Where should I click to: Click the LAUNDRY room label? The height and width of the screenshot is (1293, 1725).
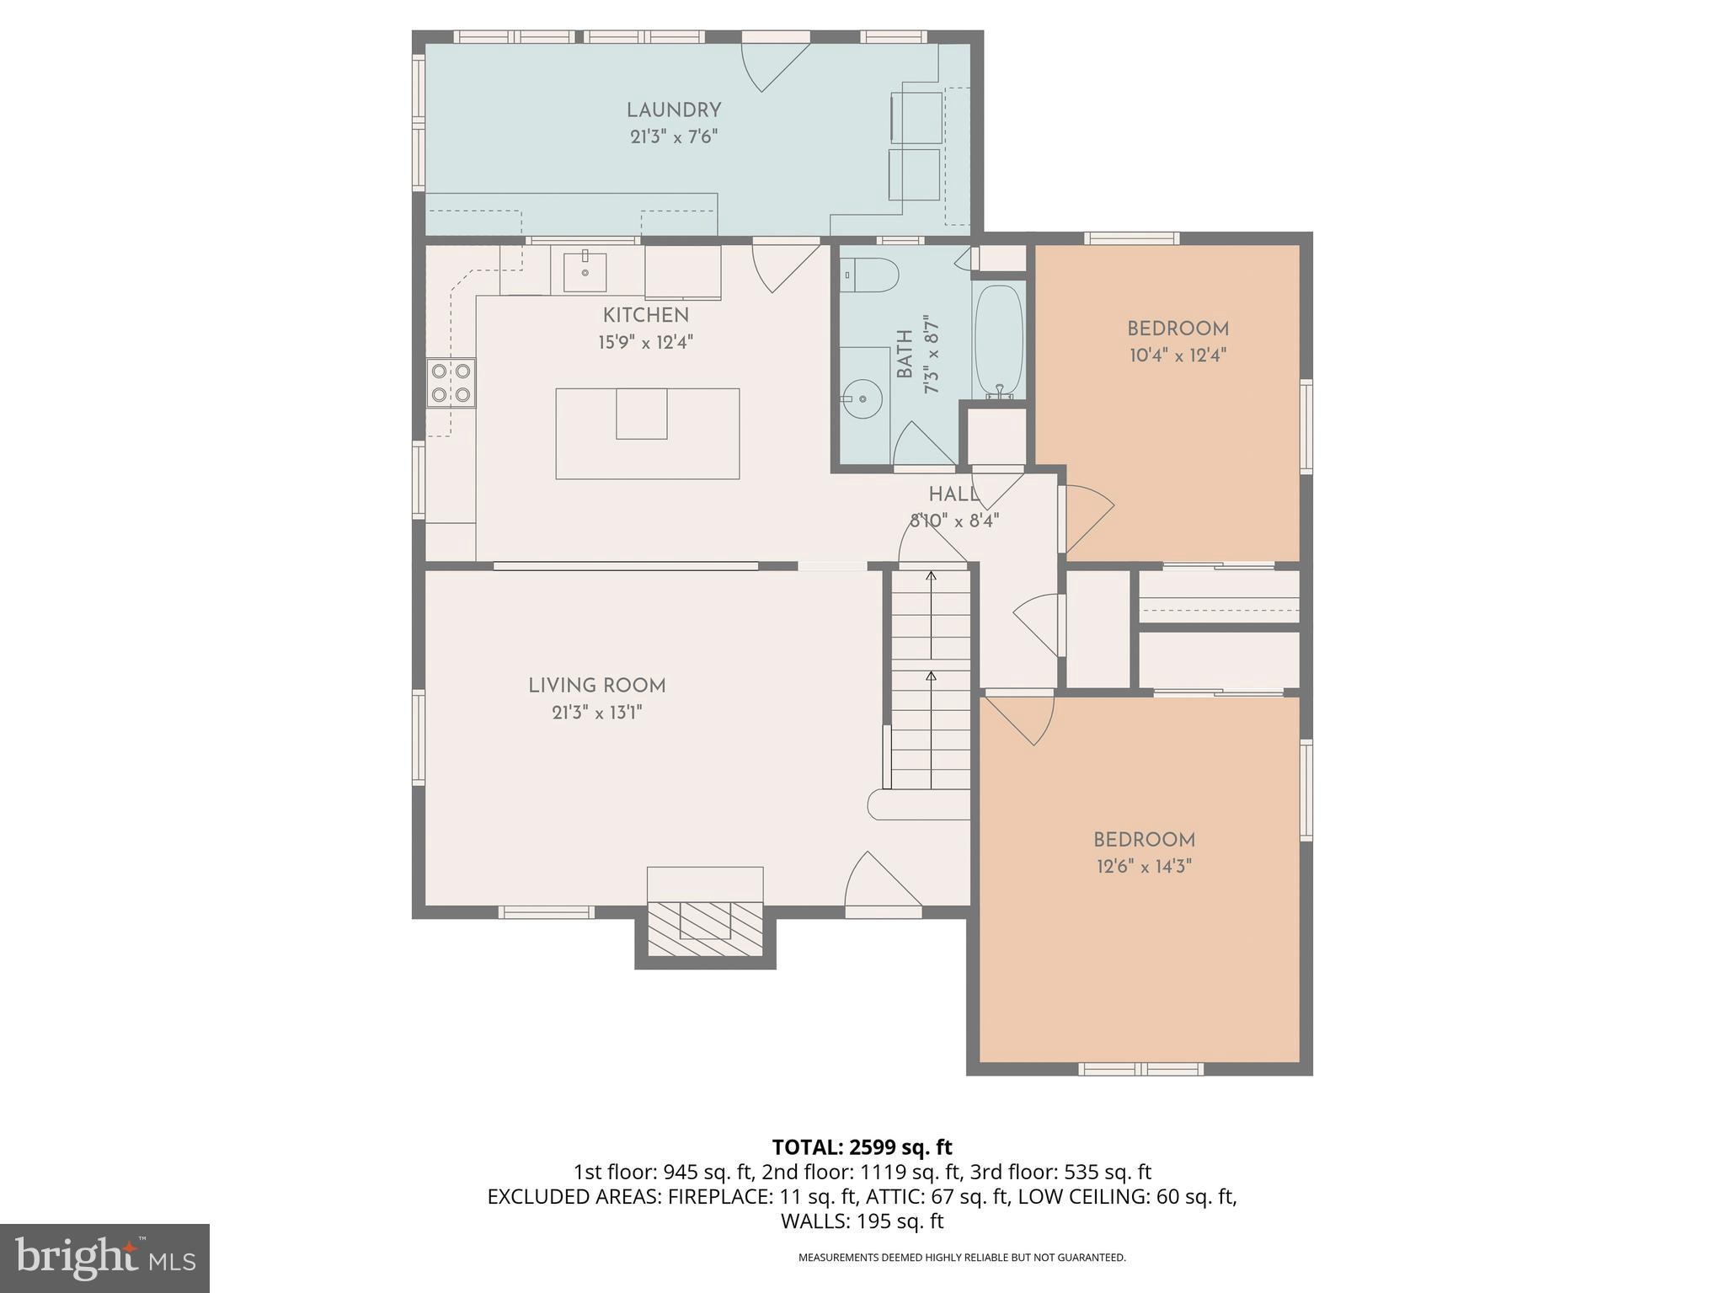point(674,110)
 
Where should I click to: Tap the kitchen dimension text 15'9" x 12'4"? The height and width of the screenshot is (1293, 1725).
point(646,343)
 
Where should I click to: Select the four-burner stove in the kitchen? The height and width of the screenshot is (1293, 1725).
point(451,382)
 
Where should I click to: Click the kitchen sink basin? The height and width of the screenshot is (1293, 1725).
point(585,271)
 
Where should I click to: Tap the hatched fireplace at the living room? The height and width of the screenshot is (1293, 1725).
point(705,928)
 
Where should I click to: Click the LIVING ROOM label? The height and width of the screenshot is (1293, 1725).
point(597,686)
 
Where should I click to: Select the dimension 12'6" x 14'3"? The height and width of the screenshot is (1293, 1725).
point(1144,867)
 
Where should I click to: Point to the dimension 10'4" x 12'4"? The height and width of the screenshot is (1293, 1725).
point(1178,355)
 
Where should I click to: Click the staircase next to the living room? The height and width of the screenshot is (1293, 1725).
point(931,681)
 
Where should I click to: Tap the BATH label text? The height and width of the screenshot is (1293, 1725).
point(905,354)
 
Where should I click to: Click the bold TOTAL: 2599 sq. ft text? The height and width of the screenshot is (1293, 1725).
point(862,1146)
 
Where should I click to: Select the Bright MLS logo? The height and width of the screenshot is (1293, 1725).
point(104,1258)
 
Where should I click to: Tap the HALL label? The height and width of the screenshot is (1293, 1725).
point(953,494)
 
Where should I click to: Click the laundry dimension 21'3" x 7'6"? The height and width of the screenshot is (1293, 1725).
point(674,137)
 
